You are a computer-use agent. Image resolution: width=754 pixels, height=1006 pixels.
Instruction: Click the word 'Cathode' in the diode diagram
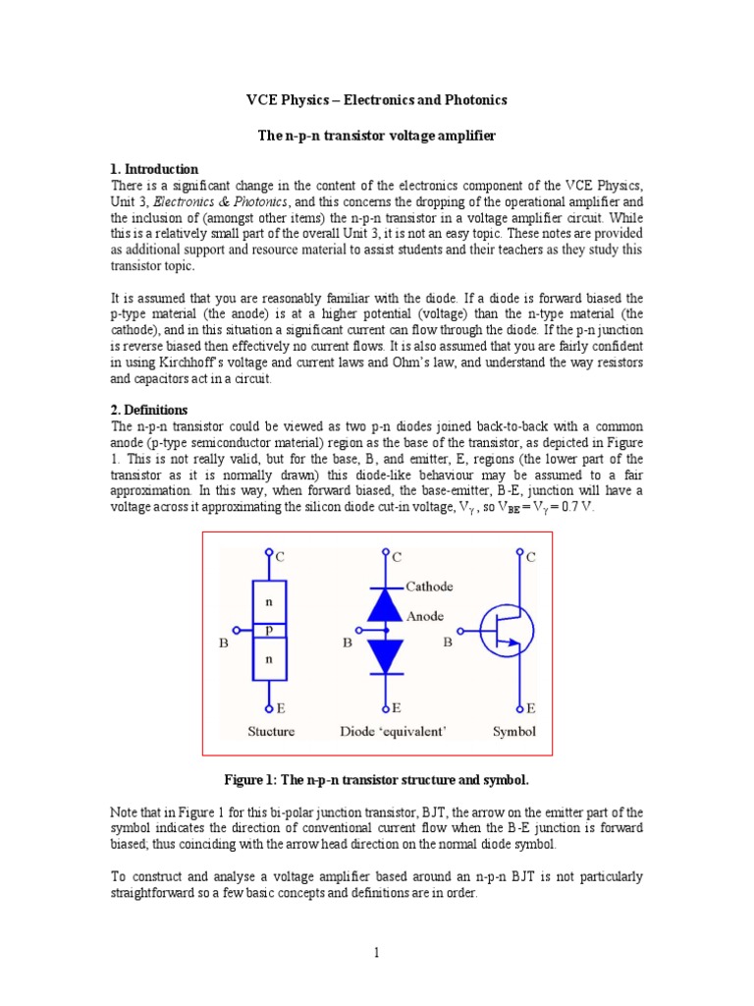click(429, 587)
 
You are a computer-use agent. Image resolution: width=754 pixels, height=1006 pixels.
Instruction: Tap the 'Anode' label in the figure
click(424, 616)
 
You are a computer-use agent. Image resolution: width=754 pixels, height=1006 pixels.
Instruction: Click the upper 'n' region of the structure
click(270, 597)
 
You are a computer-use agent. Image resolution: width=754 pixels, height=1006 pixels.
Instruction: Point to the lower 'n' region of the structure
click(270, 659)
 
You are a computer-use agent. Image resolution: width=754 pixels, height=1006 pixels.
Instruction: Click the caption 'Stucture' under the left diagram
click(271, 731)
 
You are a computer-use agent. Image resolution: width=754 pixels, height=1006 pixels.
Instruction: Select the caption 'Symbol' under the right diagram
click(514, 731)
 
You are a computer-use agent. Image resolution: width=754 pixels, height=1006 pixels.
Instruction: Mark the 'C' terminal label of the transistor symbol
click(531, 557)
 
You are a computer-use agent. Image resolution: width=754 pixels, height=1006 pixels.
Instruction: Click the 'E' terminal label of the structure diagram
click(281, 707)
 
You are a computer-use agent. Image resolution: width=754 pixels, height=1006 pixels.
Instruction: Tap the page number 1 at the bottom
click(377, 952)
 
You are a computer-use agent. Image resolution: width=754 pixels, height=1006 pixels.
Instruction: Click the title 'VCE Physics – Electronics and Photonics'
click(376, 100)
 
